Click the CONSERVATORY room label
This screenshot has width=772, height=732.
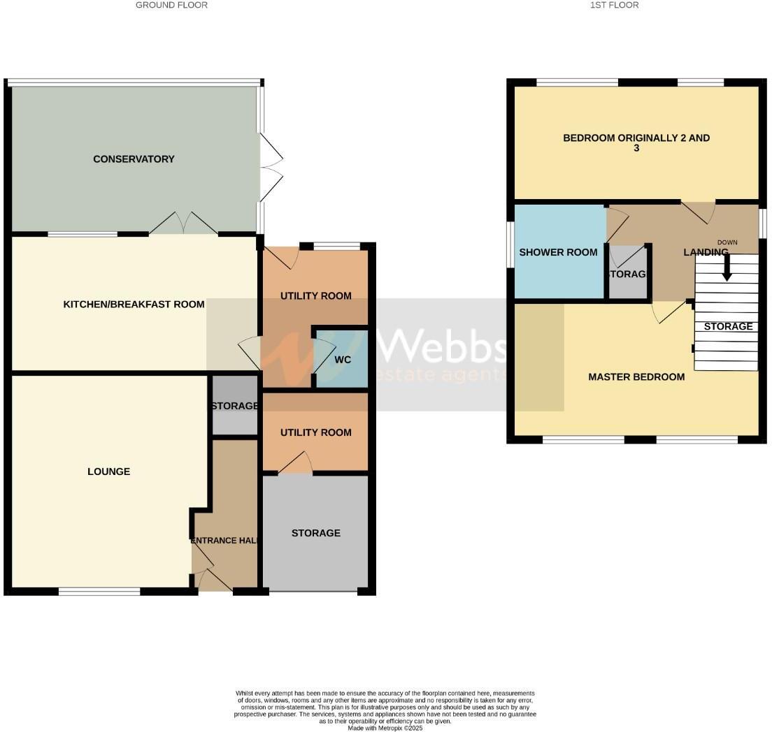pos(134,159)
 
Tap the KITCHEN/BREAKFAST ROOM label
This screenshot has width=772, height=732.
pos(134,304)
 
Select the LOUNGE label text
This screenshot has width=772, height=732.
pos(108,471)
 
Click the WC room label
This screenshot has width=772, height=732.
pos(342,360)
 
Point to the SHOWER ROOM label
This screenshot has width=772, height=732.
pos(558,252)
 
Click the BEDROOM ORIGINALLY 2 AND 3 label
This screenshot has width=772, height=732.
pos(636,143)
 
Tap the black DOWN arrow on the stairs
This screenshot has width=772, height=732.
pos(727,268)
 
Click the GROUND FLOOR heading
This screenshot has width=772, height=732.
pos(171,5)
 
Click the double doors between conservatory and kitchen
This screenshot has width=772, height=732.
pos(183,224)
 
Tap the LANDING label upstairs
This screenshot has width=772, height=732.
pos(705,252)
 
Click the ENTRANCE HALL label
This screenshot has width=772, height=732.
pos(224,540)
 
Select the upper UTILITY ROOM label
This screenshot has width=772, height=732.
pos(315,295)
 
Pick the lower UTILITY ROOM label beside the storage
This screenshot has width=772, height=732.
pos(315,432)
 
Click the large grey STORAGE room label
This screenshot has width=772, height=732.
pos(315,533)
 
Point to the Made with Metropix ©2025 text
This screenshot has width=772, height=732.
pos(385,728)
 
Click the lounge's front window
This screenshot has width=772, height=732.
pos(99,592)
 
